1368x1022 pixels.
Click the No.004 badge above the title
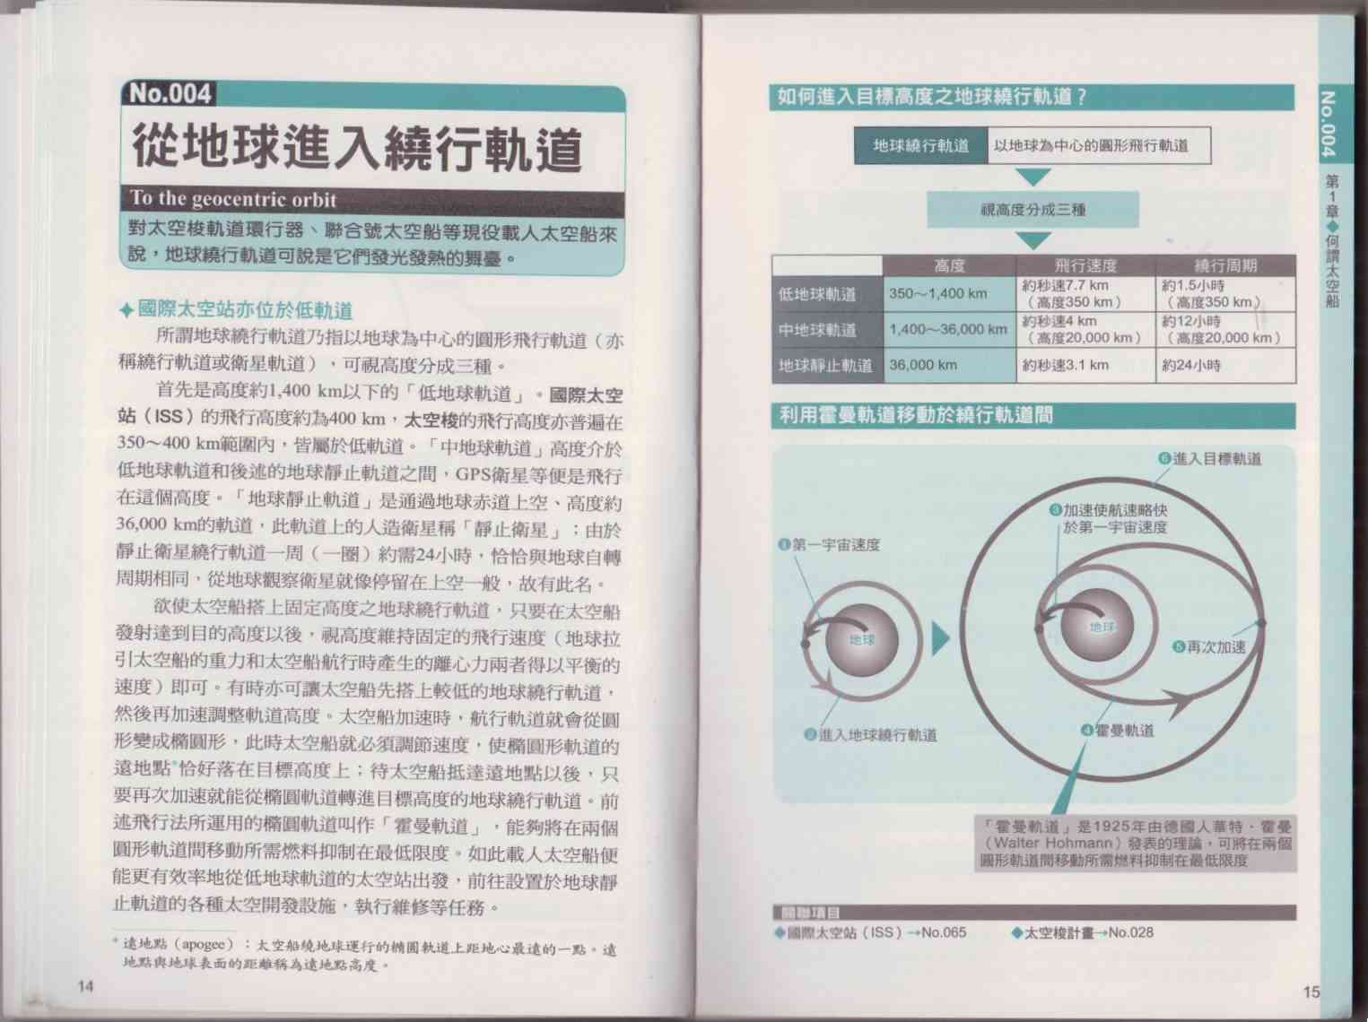[169, 93]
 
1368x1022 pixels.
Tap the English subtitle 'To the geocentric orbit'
[233, 199]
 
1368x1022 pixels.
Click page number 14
[85, 986]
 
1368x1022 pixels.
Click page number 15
[1311, 992]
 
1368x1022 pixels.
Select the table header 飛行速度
[1085, 266]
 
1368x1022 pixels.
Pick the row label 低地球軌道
[817, 295]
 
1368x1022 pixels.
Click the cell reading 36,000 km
[923, 365]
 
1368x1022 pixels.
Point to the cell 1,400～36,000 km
[948, 329]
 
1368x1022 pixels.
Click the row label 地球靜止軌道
[825, 366]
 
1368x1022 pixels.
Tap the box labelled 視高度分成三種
[1033, 210]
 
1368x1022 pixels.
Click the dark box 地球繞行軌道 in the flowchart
[920, 146]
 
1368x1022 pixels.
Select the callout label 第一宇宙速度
[830, 545]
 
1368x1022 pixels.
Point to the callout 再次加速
[1209, 647]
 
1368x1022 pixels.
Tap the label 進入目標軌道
[1210, 459]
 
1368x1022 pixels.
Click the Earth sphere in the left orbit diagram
[862, 639]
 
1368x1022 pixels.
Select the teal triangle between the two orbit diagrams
[940, 639]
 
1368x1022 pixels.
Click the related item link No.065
[944, 932]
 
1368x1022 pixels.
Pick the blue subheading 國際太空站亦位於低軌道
[236, 309]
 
